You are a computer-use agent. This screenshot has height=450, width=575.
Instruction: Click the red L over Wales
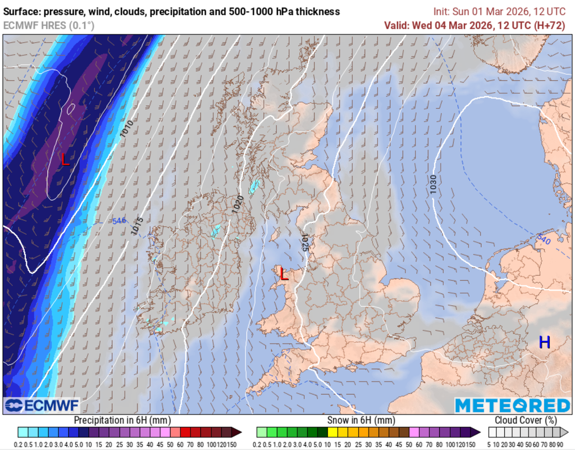click(284, 275)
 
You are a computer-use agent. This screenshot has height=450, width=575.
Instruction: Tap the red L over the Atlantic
click(65, 160)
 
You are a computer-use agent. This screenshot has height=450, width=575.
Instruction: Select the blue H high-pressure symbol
click(544, 342)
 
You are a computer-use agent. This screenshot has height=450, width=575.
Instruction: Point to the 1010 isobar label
click(126, 129)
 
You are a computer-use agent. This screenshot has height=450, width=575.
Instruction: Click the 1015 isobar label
click(136, 226)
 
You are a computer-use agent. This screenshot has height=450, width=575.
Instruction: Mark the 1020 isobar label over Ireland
click(238, 203)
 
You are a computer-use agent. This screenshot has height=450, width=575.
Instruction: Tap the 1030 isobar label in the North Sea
click(433, 185)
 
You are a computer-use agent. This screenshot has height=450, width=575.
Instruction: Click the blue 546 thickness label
click(119, 221)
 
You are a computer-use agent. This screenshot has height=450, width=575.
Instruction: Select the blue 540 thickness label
click(544, 239)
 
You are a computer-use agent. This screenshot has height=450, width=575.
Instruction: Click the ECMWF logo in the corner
click(42, 405)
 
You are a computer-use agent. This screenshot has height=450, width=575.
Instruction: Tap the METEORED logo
click(512, 405)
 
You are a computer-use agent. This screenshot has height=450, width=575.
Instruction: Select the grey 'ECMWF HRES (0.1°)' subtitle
click(49, 25)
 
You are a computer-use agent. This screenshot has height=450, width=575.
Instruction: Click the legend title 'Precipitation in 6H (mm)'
click(122, 420)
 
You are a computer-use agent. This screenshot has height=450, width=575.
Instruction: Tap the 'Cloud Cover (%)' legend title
click(526, 420)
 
